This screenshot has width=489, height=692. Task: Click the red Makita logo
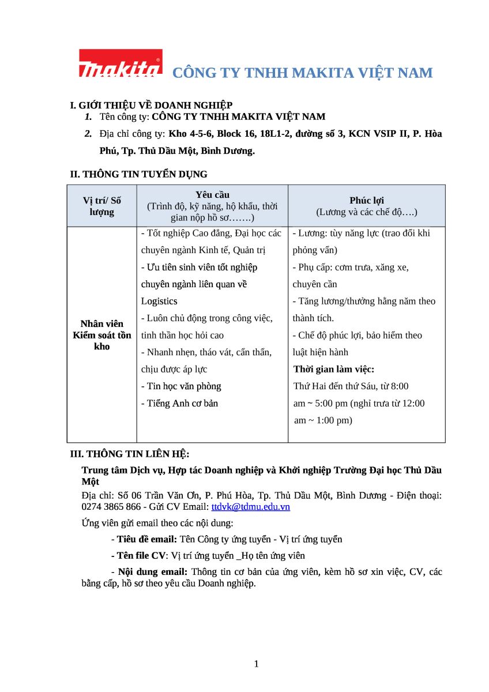pos(120,63)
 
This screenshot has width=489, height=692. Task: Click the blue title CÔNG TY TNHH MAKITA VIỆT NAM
pos(303,73)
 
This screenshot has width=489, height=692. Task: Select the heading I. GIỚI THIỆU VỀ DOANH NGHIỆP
pos(151,105)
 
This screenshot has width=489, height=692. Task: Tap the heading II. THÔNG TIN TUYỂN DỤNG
pos(138,174)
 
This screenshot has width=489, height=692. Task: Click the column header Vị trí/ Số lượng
pos(102,206)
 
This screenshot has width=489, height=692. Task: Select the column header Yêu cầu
pos(212,195)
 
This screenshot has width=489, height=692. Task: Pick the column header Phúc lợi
pos(366,200)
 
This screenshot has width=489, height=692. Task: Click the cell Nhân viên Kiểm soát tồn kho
pos(102,335)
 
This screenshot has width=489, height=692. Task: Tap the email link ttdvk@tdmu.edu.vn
pos(250,507)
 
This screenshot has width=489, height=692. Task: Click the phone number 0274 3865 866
pos(111,507)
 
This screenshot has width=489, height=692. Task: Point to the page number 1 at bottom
pos(256,664)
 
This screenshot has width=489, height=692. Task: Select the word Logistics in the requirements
pos(159,301)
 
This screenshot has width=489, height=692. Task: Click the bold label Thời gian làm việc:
pos(334,369)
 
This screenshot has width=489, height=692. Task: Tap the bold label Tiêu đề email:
pos(146,539)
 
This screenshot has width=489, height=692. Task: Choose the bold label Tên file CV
pos(141,556)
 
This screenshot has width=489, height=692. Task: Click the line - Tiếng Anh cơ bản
pos(180,403)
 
